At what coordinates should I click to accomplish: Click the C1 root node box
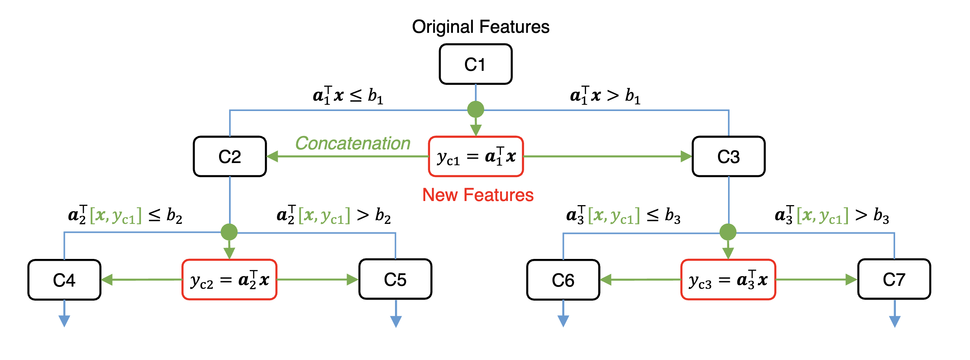(x=475, y=64)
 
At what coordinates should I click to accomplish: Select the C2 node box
(x=230, y=156)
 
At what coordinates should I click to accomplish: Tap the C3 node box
(x=728, y=156)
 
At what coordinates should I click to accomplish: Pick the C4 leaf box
(x=65, y=280)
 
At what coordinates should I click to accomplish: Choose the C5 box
(x=395, y=280)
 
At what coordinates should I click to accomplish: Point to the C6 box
(x=563, y=280)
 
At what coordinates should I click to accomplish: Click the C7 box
(x=894, y=280)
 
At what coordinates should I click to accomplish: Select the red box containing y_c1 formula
(x=476, y=156)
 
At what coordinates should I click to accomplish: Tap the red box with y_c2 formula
(x=229, y=280)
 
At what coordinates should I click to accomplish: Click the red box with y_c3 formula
(x=728, y=280)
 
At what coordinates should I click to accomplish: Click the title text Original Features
(x=481, y=27)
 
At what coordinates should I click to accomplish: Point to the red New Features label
(x=478, y=195)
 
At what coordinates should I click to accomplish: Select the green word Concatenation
(x=353, y=143)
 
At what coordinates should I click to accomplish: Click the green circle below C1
(x=475, y=109)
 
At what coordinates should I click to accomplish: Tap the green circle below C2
(x=229, y=232)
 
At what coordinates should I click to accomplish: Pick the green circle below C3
(x=728, y=232)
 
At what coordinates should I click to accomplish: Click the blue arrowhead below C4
(x=65, y=321)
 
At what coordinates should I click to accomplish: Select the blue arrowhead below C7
(x=895, y=322)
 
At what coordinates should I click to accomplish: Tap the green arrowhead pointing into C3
(x=686, y=156)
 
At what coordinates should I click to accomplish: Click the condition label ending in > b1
(x=605, y=96)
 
